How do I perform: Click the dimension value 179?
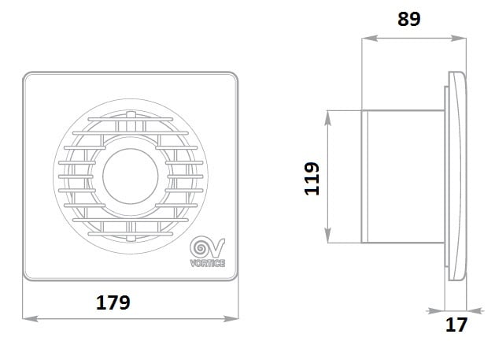click(113, 302)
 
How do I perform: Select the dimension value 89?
click(408, 19)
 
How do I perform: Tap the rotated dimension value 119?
click(312, 179)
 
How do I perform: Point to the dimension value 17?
click(456, 325)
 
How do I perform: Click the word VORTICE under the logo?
click(208, 263)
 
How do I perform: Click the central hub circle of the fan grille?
click(130, 176)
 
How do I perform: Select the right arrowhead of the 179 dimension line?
click(231, 318)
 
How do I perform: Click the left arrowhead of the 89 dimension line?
click(369, 39)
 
